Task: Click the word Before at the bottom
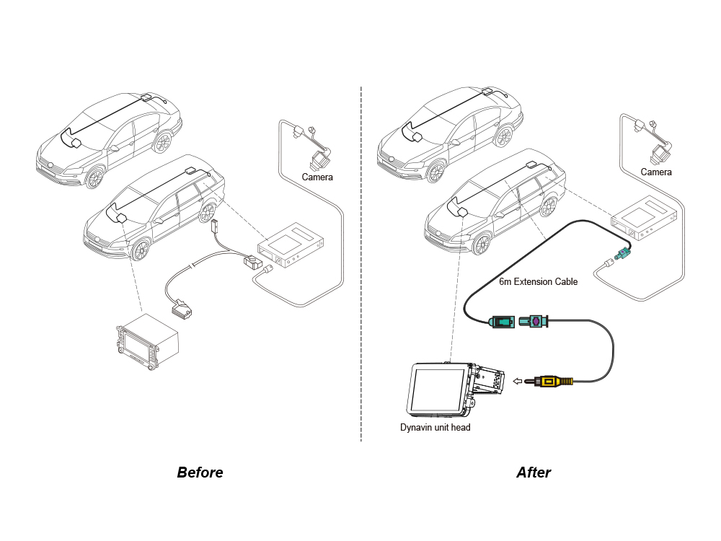click(200, 473)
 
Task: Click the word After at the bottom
click(534, 473)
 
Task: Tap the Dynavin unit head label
click(435, 428)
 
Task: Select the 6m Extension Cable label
click(538, 282)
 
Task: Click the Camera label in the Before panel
click(317, 177)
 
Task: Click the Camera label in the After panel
click(656, 172)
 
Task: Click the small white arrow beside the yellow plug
click(517, 381)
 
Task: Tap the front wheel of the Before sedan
click(94, 177)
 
